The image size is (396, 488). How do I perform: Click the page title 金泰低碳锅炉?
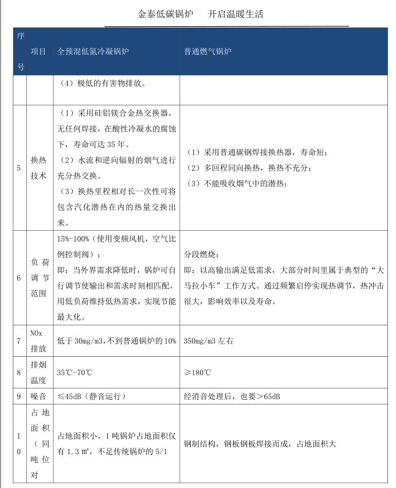[166, 14]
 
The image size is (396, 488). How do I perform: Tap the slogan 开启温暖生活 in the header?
[235, 14]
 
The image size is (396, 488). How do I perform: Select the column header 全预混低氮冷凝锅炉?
[93, 52]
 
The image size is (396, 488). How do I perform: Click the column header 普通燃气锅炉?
[207, 52]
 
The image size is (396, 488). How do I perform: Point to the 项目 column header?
[38, 52]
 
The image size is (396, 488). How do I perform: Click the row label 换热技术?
[38, 167]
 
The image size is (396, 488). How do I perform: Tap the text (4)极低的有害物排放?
[102, 83]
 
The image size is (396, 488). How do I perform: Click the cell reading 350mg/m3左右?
[209, 341]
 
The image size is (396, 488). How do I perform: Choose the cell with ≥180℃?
[197, 372]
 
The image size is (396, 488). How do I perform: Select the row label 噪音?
[38, 396]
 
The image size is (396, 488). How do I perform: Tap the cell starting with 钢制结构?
[260, 444]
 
